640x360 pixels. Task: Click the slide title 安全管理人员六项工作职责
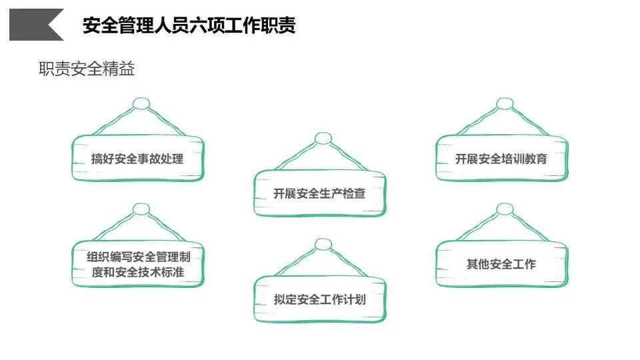pyautogui.click(x=189, y=26)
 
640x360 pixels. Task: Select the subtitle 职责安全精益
pyautogui.click(x=87, y=69)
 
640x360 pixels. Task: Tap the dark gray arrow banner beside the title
pyautogui.click(x=36, y=25)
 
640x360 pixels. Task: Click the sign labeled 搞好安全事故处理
pyautogui.click(x=137, y=159)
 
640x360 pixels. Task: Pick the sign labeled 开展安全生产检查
pyautogui.click(x=319, y=194)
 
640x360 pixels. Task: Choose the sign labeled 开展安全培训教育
pyautogui.click(x=501, y=159)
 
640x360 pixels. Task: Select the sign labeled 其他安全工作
pyautogui.click(x=501, y=264)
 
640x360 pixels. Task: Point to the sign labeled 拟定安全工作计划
pyautogui.click(x=319, y=299)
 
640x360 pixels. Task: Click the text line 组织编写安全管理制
pyautogui.click(x=137, y=256)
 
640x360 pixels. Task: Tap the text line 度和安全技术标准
pyautogui.click(x=137, y=272)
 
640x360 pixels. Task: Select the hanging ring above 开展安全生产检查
pyautogui.click(x=323, y=139)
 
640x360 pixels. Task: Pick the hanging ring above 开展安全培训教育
pyautogui.click(x=505, y=104)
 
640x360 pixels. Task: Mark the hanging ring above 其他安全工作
pyautogui.click(x=505, y=209)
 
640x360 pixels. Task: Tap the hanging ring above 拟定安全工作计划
pyautogui.click(x=323, y=245)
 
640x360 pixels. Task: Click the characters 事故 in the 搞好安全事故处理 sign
pyautogui.click(x=149, y=159)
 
